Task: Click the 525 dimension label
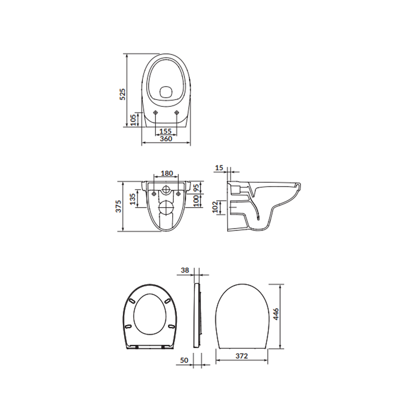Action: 122,94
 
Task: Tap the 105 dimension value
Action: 133,120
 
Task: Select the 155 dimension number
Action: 166,131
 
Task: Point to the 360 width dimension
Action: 166,139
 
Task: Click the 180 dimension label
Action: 167,173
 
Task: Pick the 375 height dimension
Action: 118,206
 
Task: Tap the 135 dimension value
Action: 133,199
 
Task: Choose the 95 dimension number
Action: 196,188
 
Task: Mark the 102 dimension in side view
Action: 215,207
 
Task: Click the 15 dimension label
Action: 219,168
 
